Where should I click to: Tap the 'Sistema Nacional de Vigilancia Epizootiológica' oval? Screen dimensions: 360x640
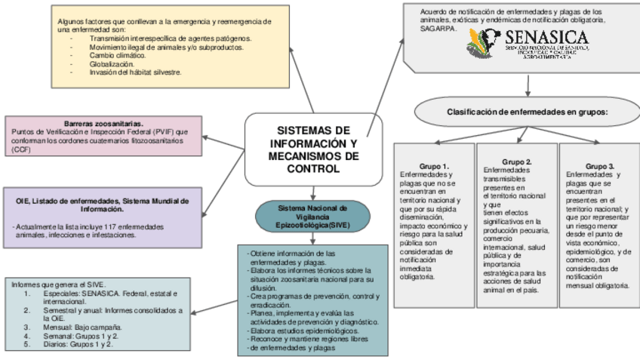312,216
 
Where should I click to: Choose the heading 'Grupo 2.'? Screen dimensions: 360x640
517,162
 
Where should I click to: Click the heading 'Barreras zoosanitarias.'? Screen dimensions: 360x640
103,123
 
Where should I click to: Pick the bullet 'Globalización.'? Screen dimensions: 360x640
117,64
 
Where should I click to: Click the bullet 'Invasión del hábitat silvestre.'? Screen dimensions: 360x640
136,72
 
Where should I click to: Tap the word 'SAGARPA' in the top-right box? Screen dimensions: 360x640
438,28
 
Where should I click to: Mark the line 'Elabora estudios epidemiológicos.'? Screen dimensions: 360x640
304,331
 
